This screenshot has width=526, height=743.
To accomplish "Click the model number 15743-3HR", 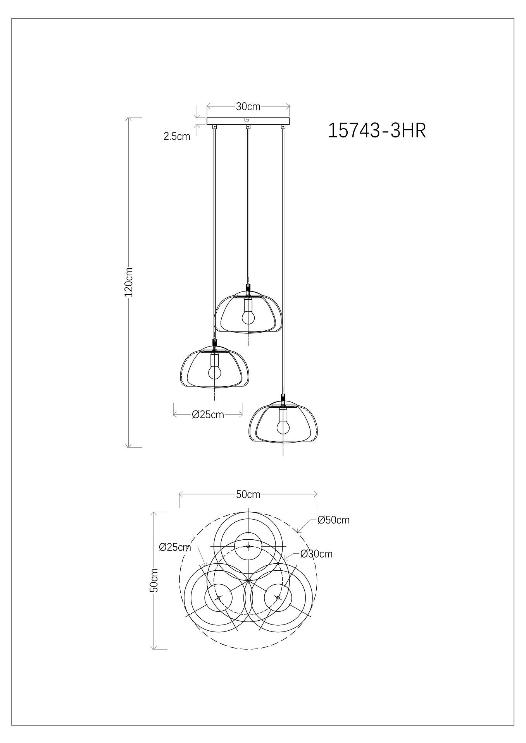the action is pos(377,130).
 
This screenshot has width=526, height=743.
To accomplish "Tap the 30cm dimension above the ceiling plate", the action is pos(248,106).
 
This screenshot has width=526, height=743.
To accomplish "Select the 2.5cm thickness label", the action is pos(177,136).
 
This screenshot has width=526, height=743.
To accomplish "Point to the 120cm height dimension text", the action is pos(129,282).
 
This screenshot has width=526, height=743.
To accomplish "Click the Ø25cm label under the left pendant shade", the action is pos(208,415).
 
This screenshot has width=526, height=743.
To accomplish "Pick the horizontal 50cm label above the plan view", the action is pos(248,494).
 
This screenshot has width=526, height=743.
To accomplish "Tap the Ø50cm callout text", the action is pos(333,520).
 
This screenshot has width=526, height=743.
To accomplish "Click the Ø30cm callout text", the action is pos(316,554).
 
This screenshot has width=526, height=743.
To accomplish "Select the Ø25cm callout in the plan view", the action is pos(175,547).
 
